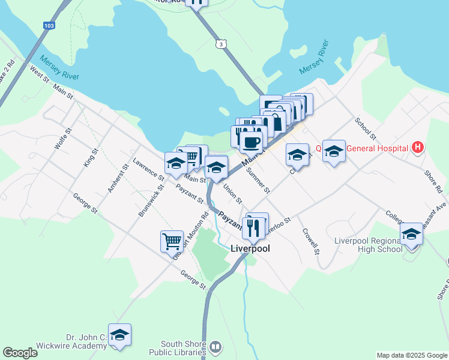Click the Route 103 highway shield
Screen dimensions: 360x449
coord(49,26)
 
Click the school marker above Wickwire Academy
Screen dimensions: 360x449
coord(119,336)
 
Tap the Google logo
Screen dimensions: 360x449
coord(20,353)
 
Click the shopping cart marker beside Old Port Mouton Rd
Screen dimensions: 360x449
coord(172,241)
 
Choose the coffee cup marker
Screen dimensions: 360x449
coord(250,143)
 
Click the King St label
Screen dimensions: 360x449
coord(90,158)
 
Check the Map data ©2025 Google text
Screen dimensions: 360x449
coord(411,355)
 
